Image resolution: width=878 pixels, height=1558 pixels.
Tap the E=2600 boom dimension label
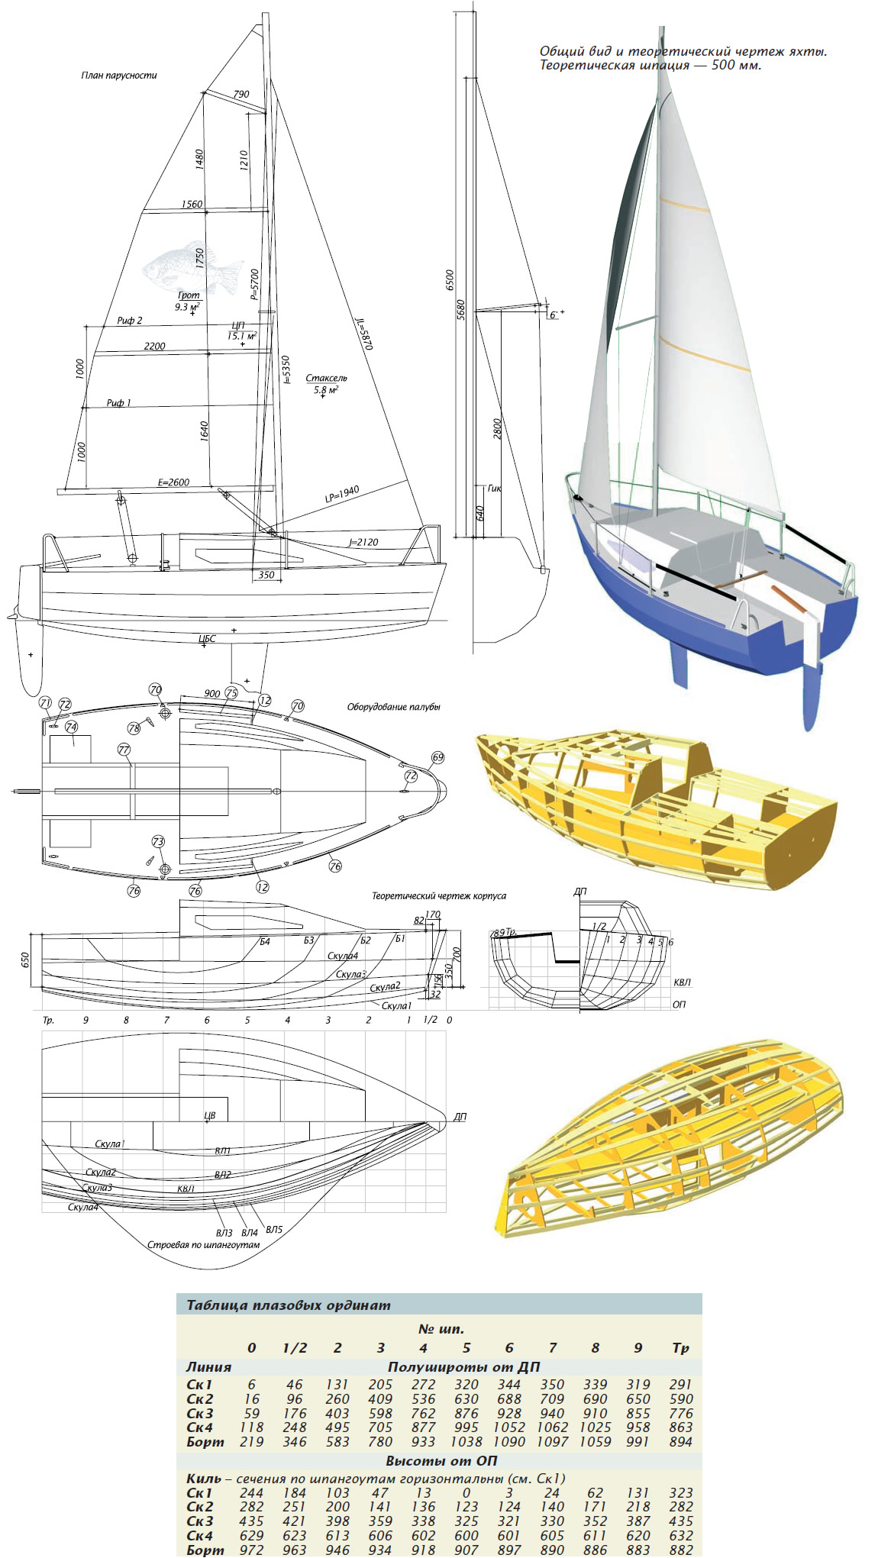pyautogui.click(x=173, y=482)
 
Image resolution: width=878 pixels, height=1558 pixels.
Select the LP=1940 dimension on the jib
pyautogui.click(x=341, y=495)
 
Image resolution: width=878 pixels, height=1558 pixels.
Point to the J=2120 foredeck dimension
pyautogui.click(x=363, y=542)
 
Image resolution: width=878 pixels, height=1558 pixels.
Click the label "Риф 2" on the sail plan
pyautogui.click(x=130, y=321)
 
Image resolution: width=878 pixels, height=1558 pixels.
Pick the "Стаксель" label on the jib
pyautogui.click(x=326, y=378)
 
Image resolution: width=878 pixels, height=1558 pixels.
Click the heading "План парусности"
pyautogui.click(x=119, y=76)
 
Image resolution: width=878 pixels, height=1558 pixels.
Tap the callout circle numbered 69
pyautogui.click(x=437, y=757)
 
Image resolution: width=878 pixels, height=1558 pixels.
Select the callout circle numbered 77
pyautogui.click(x=124, y=750)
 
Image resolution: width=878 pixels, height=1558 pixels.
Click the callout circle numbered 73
pyautogui.click(x=158, y=841)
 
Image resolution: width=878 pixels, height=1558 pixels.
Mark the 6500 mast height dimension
pyautogui.click(x=450, y=279)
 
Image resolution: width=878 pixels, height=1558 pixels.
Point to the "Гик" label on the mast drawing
pyautogui.click(x=494, y=489)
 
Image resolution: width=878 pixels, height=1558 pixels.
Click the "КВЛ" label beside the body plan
pyautogui.click(x=682, y=982)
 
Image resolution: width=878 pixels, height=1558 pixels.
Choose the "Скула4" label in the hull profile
pyautogui.click(x=343, y=956)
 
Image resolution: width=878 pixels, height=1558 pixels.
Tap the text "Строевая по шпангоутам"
pyautogui.click(x=203, y=1244)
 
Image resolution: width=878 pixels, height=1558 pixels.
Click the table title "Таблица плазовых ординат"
pyautogui.click(x=288, y=1305)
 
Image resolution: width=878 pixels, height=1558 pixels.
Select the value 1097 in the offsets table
pyautogui.click(x=552, y=1442)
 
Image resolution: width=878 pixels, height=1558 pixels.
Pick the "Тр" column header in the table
pyautogui.click(x=680, y=1348)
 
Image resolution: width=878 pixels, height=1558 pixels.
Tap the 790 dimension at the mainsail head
pyautogui.click(x=241, y=95)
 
